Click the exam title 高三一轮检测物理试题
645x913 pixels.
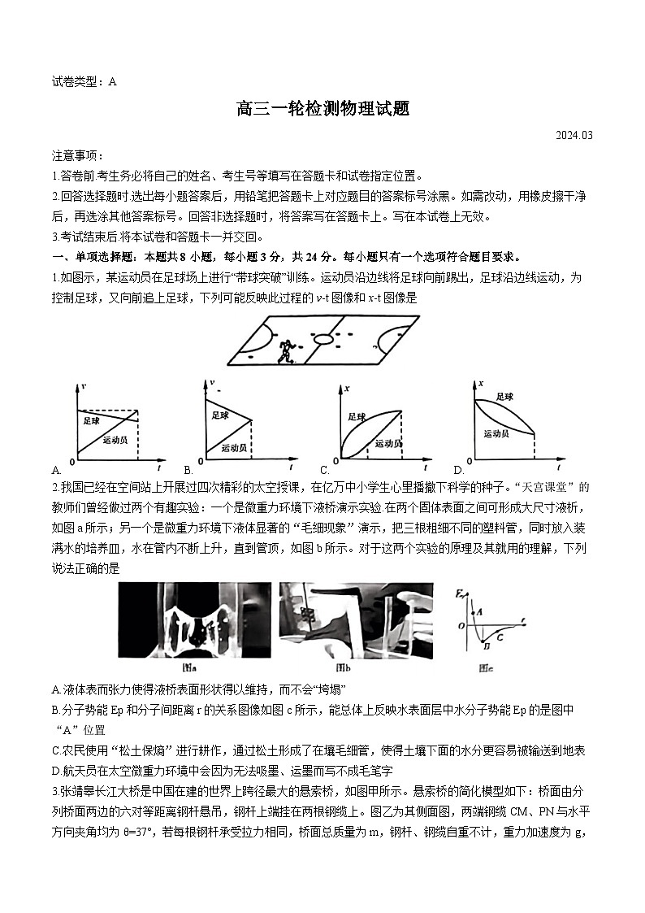coord(322,109)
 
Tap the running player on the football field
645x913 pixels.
coord(285,351)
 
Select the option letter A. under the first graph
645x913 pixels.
coord(56,470)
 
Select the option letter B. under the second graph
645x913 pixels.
coord(188,470)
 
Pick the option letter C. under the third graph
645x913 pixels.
coord(324,470)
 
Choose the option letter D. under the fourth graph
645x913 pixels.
coord(458,470)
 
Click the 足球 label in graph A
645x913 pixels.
coord(91,421)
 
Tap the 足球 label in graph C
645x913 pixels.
coord(357,416)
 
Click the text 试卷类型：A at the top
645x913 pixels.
coord(84,80)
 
